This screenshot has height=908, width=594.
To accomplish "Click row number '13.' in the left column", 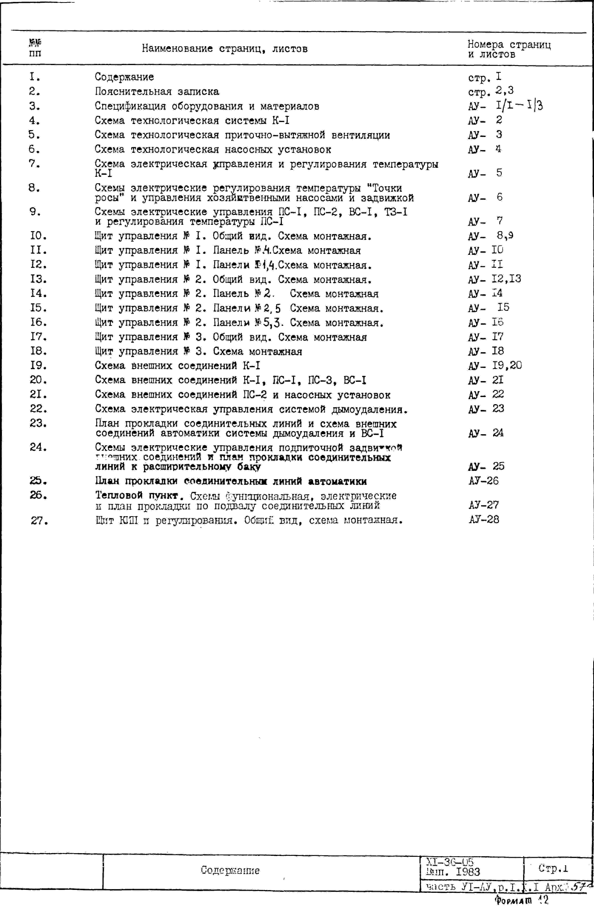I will pyautogui.click(x=38, y=279).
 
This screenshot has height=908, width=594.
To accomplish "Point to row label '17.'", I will pyautogui.click(x=38, y=337).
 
